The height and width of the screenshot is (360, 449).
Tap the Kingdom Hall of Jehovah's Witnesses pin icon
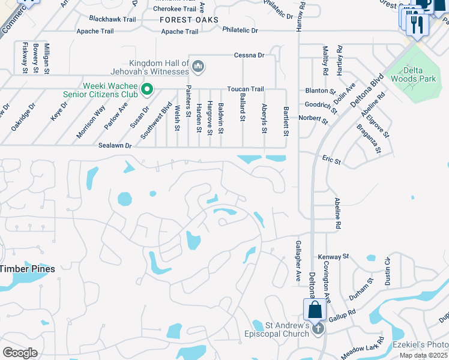pos(199,66)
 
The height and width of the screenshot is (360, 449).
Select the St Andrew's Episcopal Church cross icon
pos(318,328)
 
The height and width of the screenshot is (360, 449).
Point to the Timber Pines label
pos(27,269)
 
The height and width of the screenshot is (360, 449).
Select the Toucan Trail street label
pos(245,89)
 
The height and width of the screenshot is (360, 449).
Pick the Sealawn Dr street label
pos(115,146)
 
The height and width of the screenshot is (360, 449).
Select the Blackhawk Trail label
pos(112,19)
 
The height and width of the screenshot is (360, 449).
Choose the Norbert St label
pos(315,120)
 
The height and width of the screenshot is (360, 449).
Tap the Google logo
pos(20,353)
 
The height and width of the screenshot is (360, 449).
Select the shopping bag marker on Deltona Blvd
pos(314,310)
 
